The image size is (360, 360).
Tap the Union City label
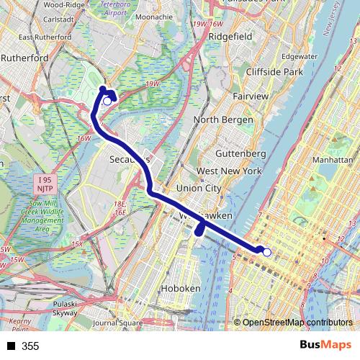tap(199, 188)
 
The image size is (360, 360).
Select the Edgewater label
tap(300, 55)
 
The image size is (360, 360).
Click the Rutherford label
tap(24, 58)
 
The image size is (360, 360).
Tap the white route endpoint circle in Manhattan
tap(266, 252)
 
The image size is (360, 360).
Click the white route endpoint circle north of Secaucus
tap(107, 102)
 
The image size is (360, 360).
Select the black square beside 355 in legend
tap(11, 346)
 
